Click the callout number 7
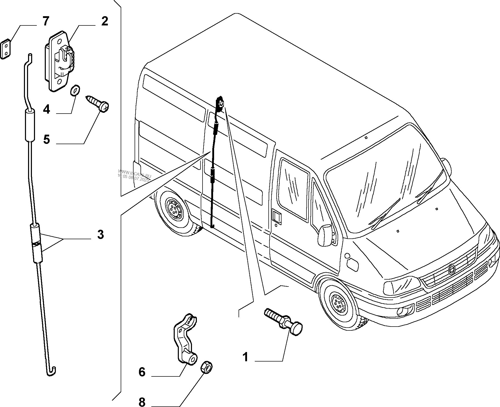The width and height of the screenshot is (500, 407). click(x=45, y=21)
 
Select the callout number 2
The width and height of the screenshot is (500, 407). click(x=104, y=21)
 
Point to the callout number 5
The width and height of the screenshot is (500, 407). click(x=46, y=140)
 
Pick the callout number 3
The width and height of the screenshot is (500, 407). click(x=100, y=234)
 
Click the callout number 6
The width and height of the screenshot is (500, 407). click(x=142, y=372)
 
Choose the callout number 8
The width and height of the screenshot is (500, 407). click(x=142, y=401)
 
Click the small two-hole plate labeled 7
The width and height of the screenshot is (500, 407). click(x=6, y=49)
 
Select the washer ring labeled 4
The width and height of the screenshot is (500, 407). click(x=75, y=90)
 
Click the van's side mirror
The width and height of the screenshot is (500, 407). click(x=325, y=235)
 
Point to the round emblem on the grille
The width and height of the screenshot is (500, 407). click(x=451, y=269)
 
